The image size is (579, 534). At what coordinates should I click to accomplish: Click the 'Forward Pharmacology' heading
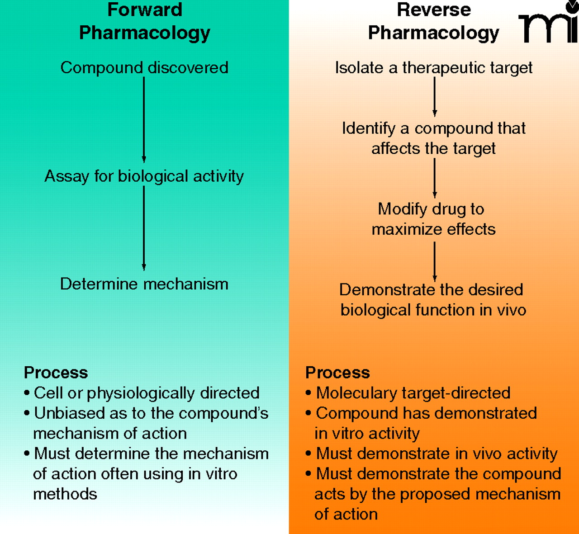(x=145, y=21)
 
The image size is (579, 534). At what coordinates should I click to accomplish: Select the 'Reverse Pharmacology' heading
(x=433, y=21)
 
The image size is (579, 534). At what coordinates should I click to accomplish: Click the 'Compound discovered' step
(x=144, y=67)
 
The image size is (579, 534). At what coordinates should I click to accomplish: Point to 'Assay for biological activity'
(x=144, y=176)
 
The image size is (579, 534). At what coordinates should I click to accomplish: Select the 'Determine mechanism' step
(x=144, y=284)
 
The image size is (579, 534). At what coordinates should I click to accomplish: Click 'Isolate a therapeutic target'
(x=433, y=67)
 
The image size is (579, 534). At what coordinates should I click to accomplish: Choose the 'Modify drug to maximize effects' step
(x=433, y=219)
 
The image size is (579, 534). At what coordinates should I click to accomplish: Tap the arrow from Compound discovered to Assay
(x=144, y=119)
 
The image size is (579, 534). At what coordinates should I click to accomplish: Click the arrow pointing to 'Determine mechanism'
(x=144, y=228)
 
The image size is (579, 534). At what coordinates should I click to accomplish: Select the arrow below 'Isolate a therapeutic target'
(x=435, y=97)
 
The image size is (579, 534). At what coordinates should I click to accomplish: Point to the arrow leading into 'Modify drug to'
(x=435, y=178)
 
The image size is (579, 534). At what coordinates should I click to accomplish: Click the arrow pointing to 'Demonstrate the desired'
(x=435, y=261)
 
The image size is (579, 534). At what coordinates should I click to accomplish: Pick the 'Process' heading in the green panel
(x=56, y=373)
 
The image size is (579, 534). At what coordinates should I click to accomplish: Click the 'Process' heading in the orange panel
(x=337, y=373)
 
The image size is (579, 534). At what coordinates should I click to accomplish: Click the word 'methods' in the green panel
(x=65, y=494)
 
